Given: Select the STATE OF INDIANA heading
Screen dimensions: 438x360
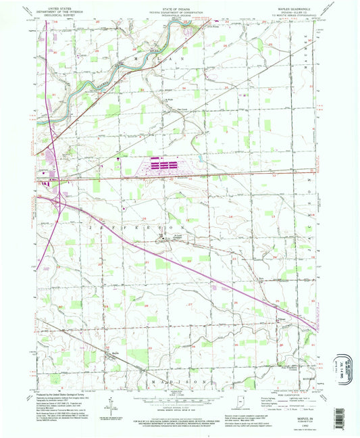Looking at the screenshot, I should pyautogui.click(x=180, y=6).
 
